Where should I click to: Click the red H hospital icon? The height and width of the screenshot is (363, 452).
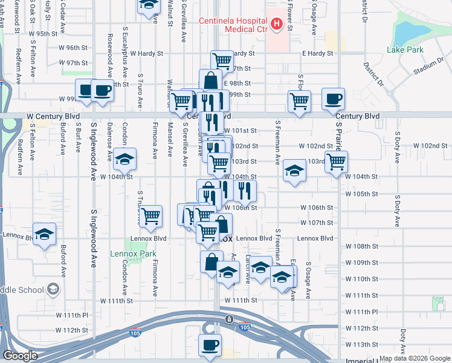pos(277,24)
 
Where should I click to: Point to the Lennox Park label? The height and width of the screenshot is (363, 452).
pos(133,253)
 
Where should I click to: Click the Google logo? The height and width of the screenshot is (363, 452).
pos(20,356)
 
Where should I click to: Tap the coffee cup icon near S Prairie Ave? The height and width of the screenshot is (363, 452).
pos(333,98)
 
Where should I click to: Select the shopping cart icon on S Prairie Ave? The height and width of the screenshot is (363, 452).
pos(336,161)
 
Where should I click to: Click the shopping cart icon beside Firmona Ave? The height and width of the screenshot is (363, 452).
pos(150,215)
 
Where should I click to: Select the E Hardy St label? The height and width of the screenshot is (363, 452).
pos(318,53)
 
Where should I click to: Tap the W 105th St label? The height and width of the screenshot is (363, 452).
pos(361,194)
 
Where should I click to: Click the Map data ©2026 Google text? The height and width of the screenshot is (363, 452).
pos(415,358)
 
